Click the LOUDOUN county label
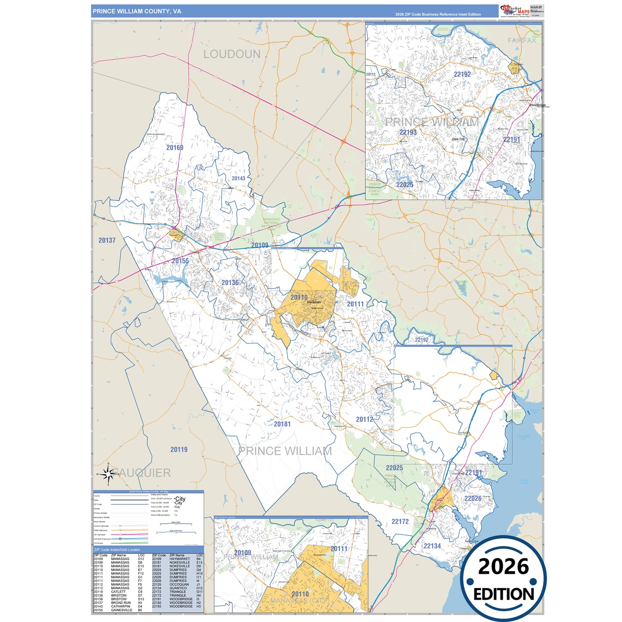pyautogui.click(x=232, y=54)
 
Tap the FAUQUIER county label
pyautogui.click(x=144, y=473)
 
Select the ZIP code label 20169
pyautogui.click(x=175, y=148)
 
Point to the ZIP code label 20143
pyautogui.click(x=238, y=178)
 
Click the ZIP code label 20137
pyautogui.click(x=107, y=240)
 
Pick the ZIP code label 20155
pyautogui.click(x=180, y=261)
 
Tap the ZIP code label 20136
pyautogui.click(x=230, y=283)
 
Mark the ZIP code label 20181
pyautogui.click(x=282, y=424)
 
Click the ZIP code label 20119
pyautogui.click(x=179, y=449)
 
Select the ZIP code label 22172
pyautogui.click(x=400, y=522)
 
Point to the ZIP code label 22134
pyautogui.click(x=432, y=546)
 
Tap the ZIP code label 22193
pyautogui.click(x=408, y=132)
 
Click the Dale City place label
pyautogui.click(x=458, y=139)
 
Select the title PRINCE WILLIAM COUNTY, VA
pyautogui.click(x=137, y=11)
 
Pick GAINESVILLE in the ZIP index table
pyautogui.click(x=121, y=610)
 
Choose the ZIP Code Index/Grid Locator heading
pyautogui.click(x=117, y=550)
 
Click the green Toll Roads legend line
pyautogui.click(x=130, y=543)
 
